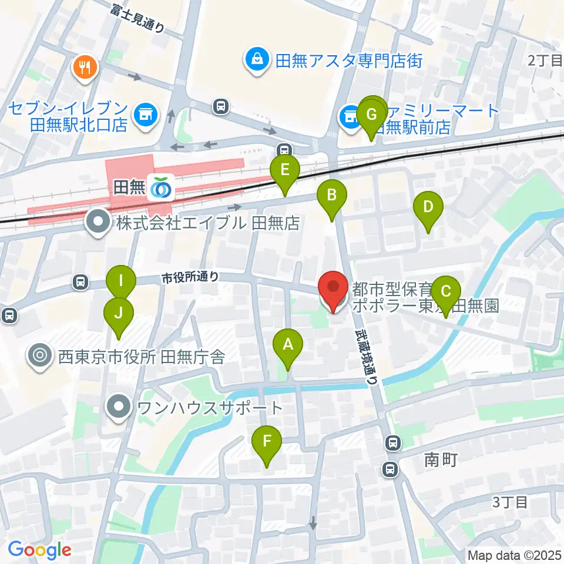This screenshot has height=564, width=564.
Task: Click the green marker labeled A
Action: pos(288,345)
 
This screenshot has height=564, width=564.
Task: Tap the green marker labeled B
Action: pos(331,195)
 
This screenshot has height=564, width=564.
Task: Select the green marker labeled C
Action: pos(446,291)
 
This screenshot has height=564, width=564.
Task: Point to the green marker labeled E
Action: pos(285,171)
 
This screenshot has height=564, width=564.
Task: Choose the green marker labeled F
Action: pos(267,441)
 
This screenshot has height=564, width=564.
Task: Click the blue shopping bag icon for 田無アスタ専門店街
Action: pos(257,59)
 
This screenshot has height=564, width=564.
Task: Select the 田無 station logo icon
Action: pos(160,188)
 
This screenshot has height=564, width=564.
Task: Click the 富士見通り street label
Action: pos(137,17)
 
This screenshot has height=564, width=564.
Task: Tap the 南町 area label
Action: pos(441,460)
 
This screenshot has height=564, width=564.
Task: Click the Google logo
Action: pos(39,550)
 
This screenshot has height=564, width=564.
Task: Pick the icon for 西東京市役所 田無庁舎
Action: pos(40,355)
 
